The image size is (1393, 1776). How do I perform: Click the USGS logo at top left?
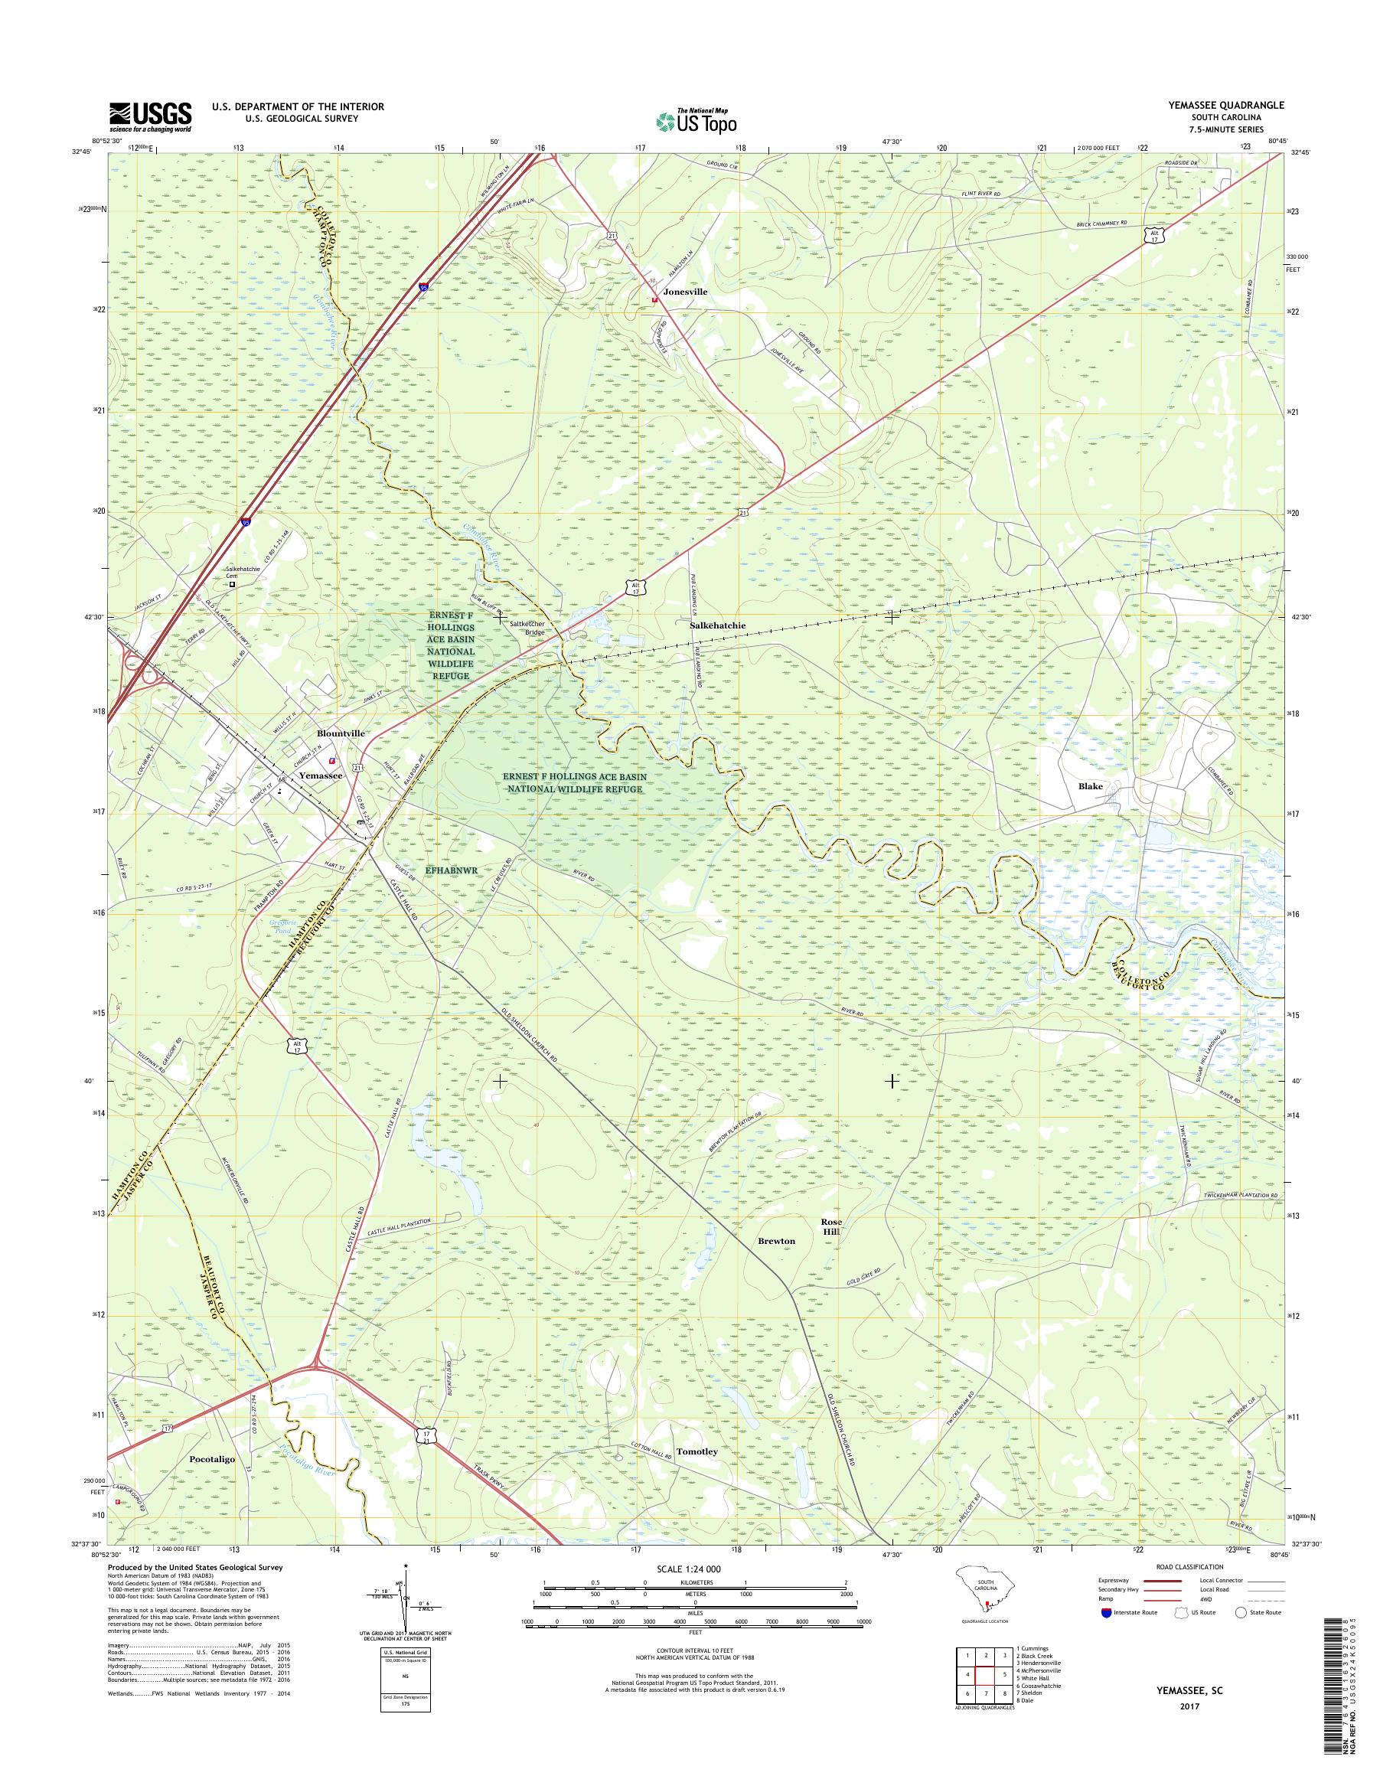point(151,116)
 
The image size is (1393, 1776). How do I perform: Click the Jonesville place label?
point(685,291)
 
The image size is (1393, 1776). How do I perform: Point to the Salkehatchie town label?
point(717,625)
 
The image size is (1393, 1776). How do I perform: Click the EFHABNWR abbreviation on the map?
point(450,870)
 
